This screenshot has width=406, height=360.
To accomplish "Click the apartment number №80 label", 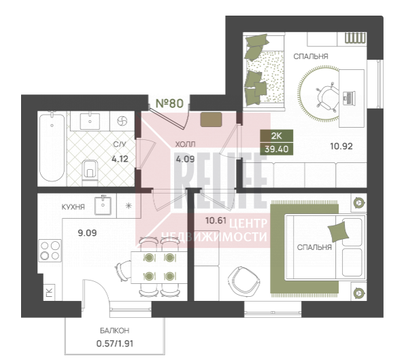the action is tap(170, 103).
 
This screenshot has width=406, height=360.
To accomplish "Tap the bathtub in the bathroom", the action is tap(52, 147).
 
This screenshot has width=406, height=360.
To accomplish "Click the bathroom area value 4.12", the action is tap(120, 159).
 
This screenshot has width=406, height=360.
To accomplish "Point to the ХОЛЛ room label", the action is tap(186, 144).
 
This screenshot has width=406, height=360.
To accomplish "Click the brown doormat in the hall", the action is tap(212, 120).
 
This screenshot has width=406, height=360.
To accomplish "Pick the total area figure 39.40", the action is tap(277, 149).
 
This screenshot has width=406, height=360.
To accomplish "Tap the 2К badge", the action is tap(277, 136).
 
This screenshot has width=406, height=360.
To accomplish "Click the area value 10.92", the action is tap(341, 147).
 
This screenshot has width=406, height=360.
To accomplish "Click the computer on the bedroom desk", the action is tap(349, 98).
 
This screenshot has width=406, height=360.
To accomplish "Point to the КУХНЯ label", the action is tap(73, 207).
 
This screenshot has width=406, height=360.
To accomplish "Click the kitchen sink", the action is tap(103, 205).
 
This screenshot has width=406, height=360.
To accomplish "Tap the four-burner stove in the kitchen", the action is tap(50, 251).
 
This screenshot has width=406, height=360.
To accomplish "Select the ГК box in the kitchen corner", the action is tap(50, 292).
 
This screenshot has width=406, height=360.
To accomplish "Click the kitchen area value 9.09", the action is tap(88, 233).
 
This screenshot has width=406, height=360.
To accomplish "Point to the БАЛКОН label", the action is tap(114, 331).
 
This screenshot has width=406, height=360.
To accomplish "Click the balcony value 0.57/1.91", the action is tap(115, 344).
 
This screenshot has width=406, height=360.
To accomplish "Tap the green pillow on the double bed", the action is tap(338, 232).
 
